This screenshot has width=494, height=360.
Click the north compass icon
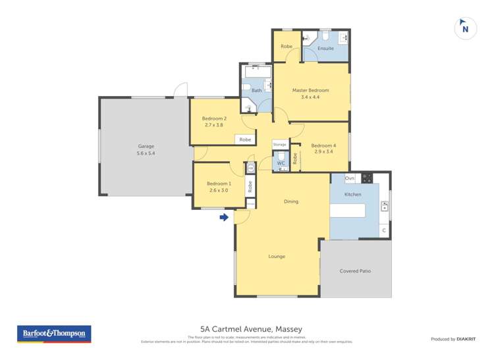pos(466,28)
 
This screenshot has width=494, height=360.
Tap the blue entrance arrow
pos(225,217)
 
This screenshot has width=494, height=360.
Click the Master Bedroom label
pos(310,90)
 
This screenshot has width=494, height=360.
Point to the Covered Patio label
pos(355,270)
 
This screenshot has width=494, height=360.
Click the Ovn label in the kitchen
pos(350,178)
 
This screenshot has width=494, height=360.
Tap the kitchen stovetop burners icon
pos(366,178)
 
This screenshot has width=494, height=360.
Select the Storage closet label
pos(280,143)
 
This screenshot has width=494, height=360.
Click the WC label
pos(280,163)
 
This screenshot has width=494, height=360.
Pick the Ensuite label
pos(325,48)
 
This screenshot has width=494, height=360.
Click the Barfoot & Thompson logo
pos(54,334)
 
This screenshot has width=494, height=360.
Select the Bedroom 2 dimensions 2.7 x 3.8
pos(214,125)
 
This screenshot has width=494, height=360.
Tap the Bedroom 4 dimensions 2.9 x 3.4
pos(323,152)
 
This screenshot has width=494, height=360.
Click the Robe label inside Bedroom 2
pos(245,140)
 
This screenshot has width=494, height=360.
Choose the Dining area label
pos(291,201)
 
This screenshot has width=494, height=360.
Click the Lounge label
pos(277,256)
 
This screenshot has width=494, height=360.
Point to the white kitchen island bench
pos(347,211)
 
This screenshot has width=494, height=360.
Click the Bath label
pos(256,90)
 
